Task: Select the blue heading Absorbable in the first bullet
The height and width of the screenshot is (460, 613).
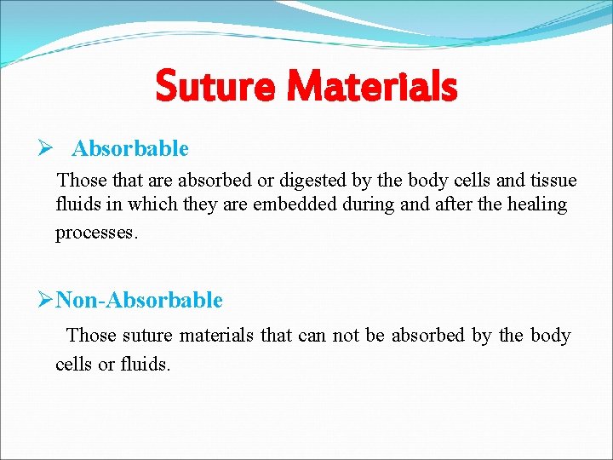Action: click(130, 149)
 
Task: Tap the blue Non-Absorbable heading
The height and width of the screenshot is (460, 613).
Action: click(139, 301)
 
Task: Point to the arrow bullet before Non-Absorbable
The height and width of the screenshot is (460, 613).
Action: click(46, 301)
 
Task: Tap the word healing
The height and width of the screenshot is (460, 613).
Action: click(535, 205)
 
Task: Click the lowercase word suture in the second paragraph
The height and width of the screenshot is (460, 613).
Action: click(148, 336)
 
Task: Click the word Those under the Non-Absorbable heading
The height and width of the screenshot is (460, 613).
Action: click(91, 336)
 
